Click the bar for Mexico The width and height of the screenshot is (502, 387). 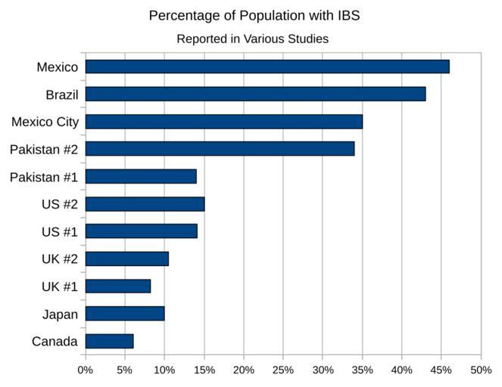click(267, 67)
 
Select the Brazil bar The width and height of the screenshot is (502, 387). click(255, 94)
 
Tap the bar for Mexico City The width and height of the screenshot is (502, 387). click(223, 122)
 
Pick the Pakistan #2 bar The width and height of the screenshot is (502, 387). click(220, 149)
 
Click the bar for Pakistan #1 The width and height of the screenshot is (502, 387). click(141, 176)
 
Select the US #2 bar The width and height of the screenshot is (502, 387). click(145, 204)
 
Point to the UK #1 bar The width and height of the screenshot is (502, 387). click(117, 286)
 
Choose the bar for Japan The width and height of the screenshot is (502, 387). click(124, 314)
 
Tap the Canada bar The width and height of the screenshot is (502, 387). click(109, 341)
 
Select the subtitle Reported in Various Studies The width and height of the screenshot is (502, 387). click(252, 39)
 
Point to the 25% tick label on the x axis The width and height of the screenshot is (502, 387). click(283, 370)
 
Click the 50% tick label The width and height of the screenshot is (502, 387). click(481, 370)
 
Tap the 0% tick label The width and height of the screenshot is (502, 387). click(86, 370)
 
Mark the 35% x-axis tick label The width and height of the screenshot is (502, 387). click(362, 370)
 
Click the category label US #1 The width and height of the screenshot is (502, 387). click(60, 231)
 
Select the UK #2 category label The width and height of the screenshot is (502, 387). click(60, 259)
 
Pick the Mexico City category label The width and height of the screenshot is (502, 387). click(45, 122)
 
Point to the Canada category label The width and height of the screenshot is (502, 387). click(55, 342)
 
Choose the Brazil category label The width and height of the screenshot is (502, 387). click(62, 94)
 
